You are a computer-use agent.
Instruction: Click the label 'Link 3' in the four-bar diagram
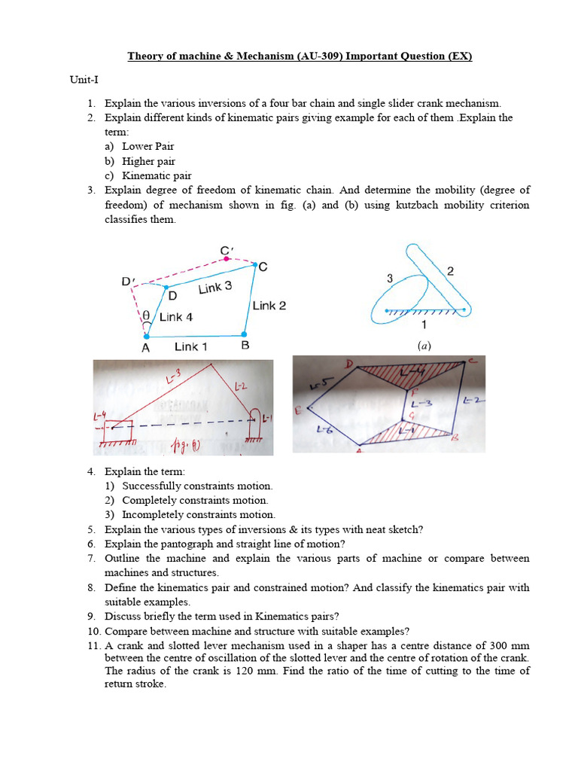point(215,288)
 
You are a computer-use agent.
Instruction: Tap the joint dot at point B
point(243,334)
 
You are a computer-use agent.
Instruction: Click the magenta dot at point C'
point(226,258)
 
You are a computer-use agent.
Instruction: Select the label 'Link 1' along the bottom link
point(191,346)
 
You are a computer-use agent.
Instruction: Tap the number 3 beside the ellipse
point(390,279)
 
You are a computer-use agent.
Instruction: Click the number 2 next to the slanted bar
point(450,271)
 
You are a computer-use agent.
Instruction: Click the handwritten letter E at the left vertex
point(299,410)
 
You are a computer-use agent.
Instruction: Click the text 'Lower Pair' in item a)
point(148,147)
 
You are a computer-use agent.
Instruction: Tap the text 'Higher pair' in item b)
point(149,161)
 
